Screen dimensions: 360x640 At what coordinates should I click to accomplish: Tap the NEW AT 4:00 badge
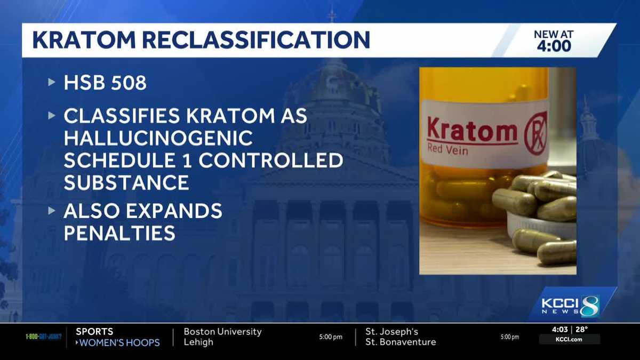[x=553, y=41]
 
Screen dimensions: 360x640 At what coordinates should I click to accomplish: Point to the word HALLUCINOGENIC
[x=158, y=138]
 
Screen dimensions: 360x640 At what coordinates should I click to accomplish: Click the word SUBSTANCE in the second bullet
[x=126, y=182]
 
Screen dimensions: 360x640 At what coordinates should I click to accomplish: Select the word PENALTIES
[x=119, y=233]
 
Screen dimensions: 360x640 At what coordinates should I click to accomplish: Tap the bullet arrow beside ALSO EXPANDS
[x=52, y=211]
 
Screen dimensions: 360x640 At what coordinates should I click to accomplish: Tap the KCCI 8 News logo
[x=570, y=306]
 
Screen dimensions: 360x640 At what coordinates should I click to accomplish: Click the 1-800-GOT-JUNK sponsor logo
[x=44, y=337]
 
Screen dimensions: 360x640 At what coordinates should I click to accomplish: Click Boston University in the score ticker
[x=222, y=332]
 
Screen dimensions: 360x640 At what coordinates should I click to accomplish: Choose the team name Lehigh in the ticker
[x=198, y=342]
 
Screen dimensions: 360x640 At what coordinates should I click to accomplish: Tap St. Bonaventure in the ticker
[x=400, y=342]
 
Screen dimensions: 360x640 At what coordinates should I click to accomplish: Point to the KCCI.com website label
[x=569, y=339]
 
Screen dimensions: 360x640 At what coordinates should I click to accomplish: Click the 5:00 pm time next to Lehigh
[x=331, y=337]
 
